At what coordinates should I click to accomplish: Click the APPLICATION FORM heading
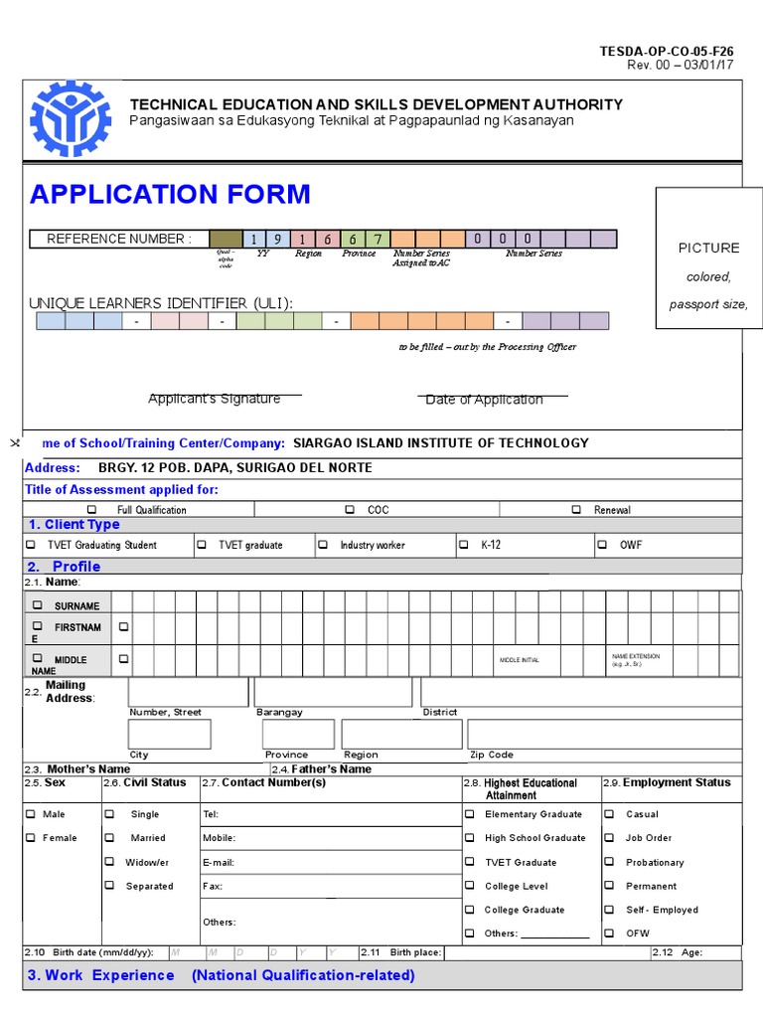[x=170, y=194]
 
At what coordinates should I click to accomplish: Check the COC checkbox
[x=350, y=510]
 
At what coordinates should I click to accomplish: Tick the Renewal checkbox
[x=576, y=510]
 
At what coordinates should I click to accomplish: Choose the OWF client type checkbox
[x=602, y=545]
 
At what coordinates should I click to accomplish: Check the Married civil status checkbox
[x=109, y=838]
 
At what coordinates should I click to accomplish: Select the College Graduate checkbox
[x=469, y=910]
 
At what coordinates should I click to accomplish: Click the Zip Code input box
[x=604, y=735]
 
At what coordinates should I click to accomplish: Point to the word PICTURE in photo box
[x=708, y=248]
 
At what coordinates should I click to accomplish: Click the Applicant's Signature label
[x=214, y=399]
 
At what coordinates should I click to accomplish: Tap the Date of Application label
[x=484, y=400]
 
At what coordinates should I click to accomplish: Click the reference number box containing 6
[x=353, y=239]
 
